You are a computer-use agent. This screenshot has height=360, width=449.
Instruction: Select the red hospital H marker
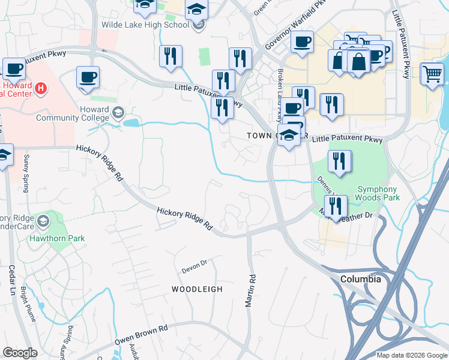40,89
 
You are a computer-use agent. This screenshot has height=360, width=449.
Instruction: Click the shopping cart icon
432,74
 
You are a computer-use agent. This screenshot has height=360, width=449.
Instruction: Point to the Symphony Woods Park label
377,192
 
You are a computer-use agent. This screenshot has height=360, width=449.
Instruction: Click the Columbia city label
360,280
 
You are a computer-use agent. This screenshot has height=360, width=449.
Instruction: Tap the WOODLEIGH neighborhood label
197,289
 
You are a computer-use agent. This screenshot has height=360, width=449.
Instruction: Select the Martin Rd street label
251,291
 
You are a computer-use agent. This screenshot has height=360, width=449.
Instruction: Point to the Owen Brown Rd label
142,336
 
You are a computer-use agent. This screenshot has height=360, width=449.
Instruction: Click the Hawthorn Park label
58,238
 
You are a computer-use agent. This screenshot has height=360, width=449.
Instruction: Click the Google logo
20,353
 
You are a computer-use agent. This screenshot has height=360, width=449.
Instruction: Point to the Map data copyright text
412,355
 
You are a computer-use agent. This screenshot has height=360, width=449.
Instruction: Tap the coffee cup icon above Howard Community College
88,77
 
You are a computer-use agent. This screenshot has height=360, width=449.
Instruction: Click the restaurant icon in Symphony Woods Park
340,161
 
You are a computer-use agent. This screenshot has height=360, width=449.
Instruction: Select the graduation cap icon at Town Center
289,136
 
